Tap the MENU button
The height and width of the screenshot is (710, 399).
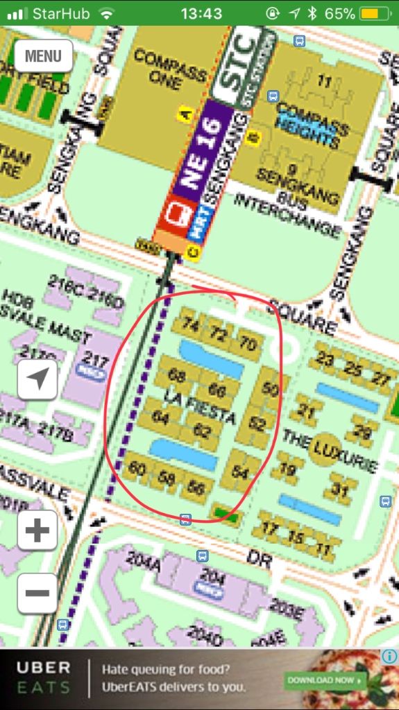click(43, 56)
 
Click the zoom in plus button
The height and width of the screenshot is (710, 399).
click(37, 531)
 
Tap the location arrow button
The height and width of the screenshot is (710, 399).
click(37, 379)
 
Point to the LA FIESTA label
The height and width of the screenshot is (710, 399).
click(201, 408)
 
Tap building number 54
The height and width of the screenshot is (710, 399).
click(240, 472)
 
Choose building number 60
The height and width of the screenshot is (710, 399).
click(137, 469)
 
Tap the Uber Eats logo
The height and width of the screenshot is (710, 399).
click(43, 678)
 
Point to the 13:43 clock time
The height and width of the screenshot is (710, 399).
click(201, 13)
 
